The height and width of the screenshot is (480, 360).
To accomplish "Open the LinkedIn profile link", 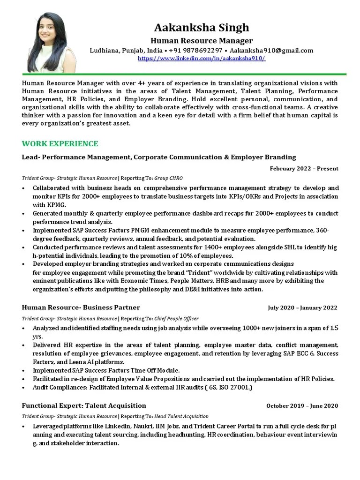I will pyautogui.click(x=201, y=59).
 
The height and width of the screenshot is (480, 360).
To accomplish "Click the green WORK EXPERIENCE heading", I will pyautogui.click(x=60, y=143).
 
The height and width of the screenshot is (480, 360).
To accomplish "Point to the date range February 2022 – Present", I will pyautogui.click(x=304, y=169).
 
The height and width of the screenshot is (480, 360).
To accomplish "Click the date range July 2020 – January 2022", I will pyautogui.click(x=302, y=308).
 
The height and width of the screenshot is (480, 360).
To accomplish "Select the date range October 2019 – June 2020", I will pyautogui.click(x=302, y=406).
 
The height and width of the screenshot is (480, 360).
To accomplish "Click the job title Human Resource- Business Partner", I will pyautogui.click(x=81, y=307).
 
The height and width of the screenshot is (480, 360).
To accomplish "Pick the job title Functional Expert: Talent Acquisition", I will pyautogui.click(x=84, y=405).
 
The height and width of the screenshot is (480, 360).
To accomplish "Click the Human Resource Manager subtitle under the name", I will pyautogui.click(x=201, y=41).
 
